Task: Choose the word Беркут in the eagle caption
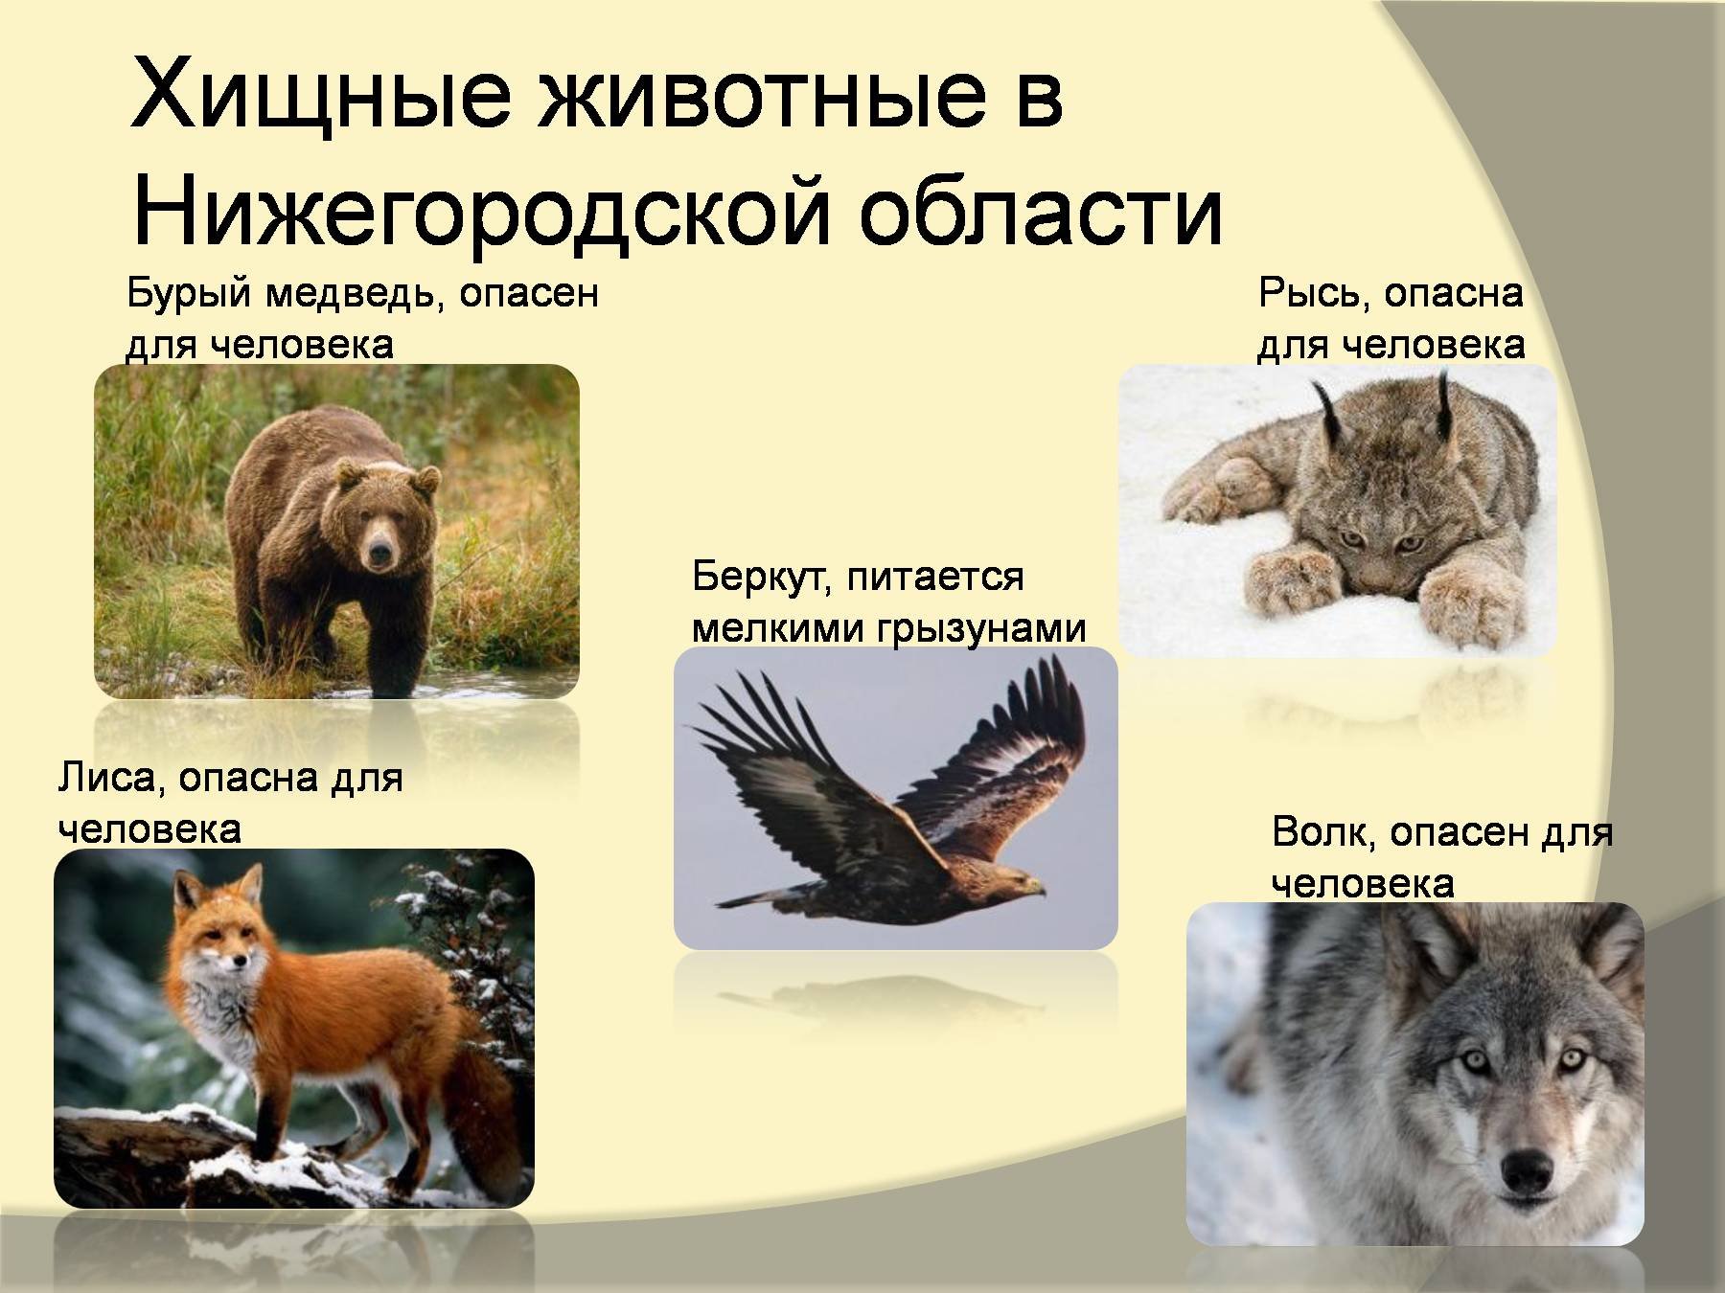(x=757, y=578)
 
